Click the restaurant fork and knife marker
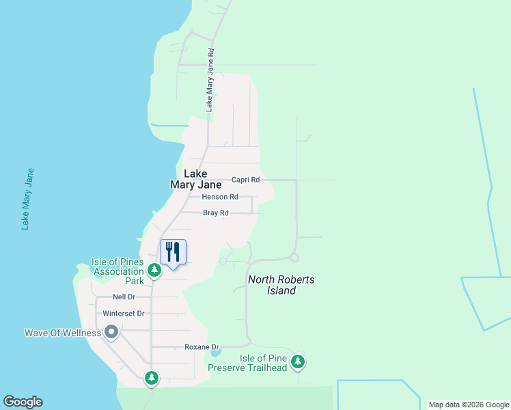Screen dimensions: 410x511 pos(173,251)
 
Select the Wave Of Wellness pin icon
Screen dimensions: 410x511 pos(111,333)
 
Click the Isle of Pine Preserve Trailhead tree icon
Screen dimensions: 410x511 pos(297,361)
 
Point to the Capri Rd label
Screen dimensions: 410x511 pos(245,180)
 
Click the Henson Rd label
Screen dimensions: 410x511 pos(220,197)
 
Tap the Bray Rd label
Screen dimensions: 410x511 pos(215,213)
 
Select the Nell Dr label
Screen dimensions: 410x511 pos(124,297)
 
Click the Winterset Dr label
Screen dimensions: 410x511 pos(124,314)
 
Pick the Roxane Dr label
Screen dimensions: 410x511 pos(201,347)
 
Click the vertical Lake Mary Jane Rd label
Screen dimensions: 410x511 pos(210,79)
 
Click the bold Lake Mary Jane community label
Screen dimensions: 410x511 pos(196,179)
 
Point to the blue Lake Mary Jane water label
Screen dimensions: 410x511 pos(27,198)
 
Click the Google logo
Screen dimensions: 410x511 pos(23,402)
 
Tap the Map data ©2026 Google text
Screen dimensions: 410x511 pos(468,405)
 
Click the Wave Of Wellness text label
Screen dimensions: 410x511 pos(63,333)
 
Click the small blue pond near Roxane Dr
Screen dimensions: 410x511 pos(215,353)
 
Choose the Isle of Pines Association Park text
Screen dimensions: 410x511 pos(118,271)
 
